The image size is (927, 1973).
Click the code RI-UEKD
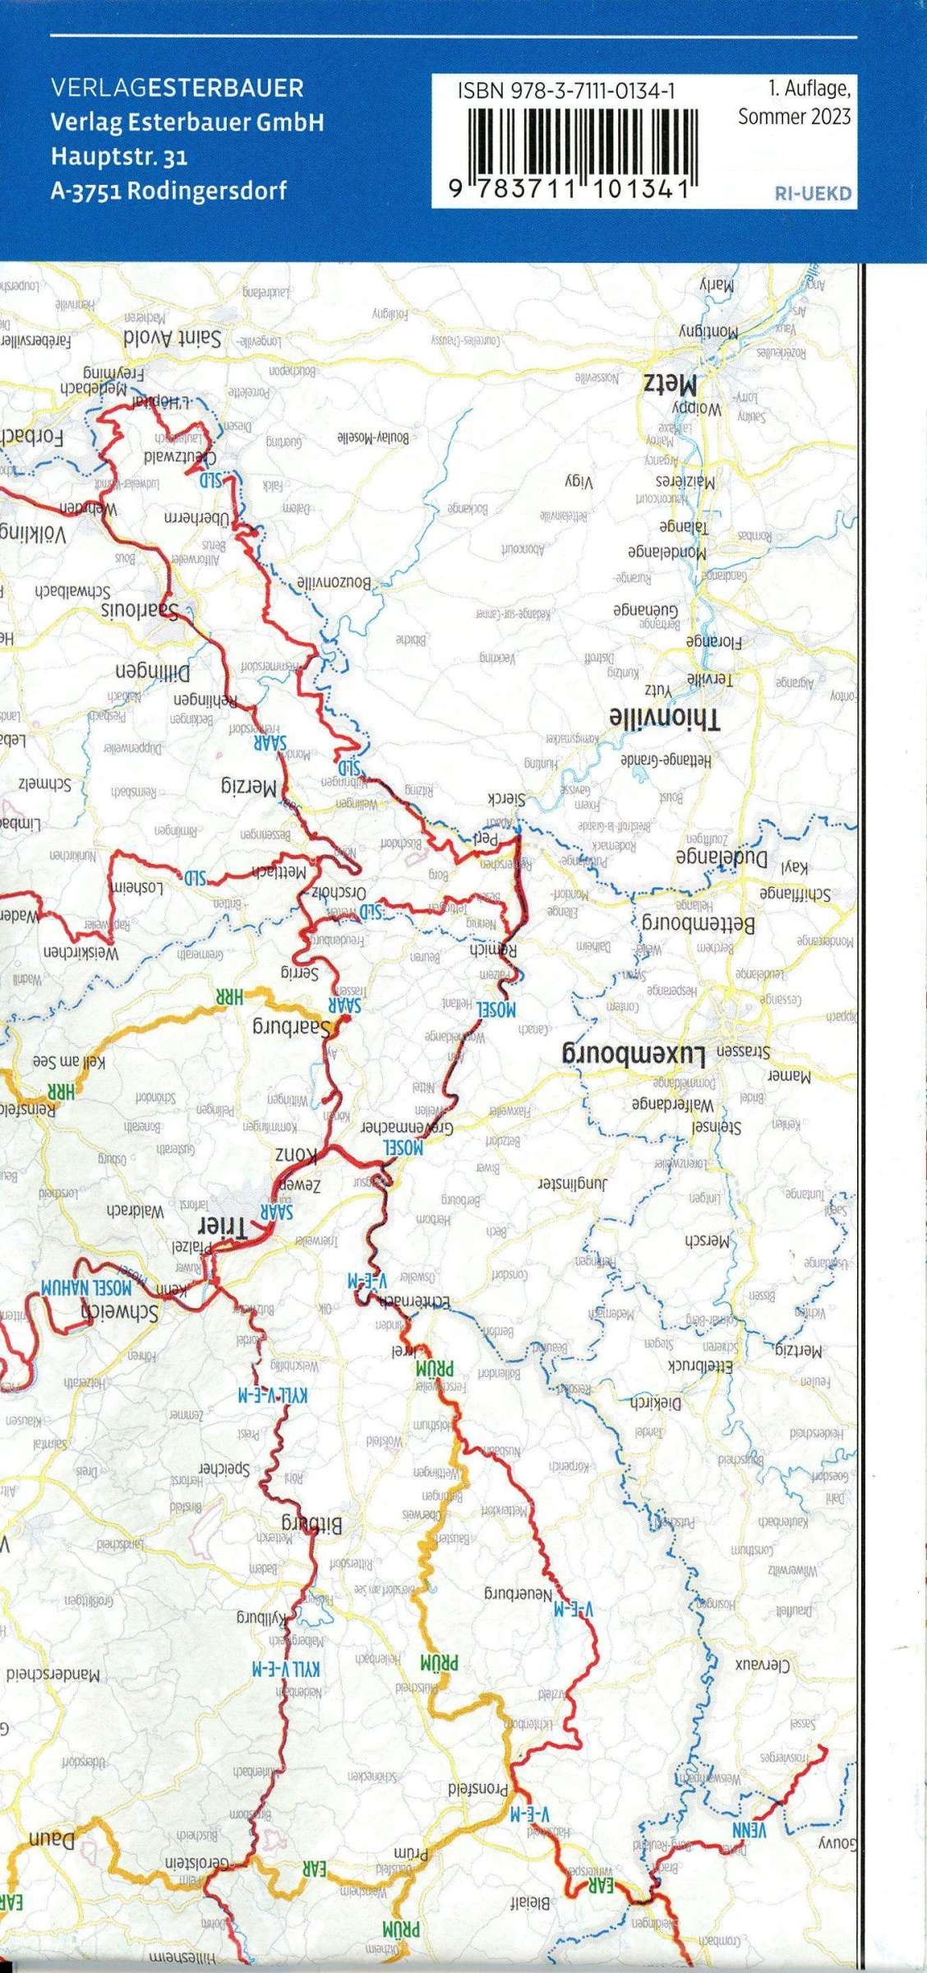(812, 195)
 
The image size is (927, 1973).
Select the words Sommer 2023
(794, 117)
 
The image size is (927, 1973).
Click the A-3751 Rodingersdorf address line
(168, 191)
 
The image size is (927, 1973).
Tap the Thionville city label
(665, 718)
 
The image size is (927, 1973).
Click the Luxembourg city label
(633, 1053)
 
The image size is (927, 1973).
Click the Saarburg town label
(292, 1027)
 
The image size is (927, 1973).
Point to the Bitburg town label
(312, 1526)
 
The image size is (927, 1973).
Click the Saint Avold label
(173, 338)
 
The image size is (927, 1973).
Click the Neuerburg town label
(519, 1595)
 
